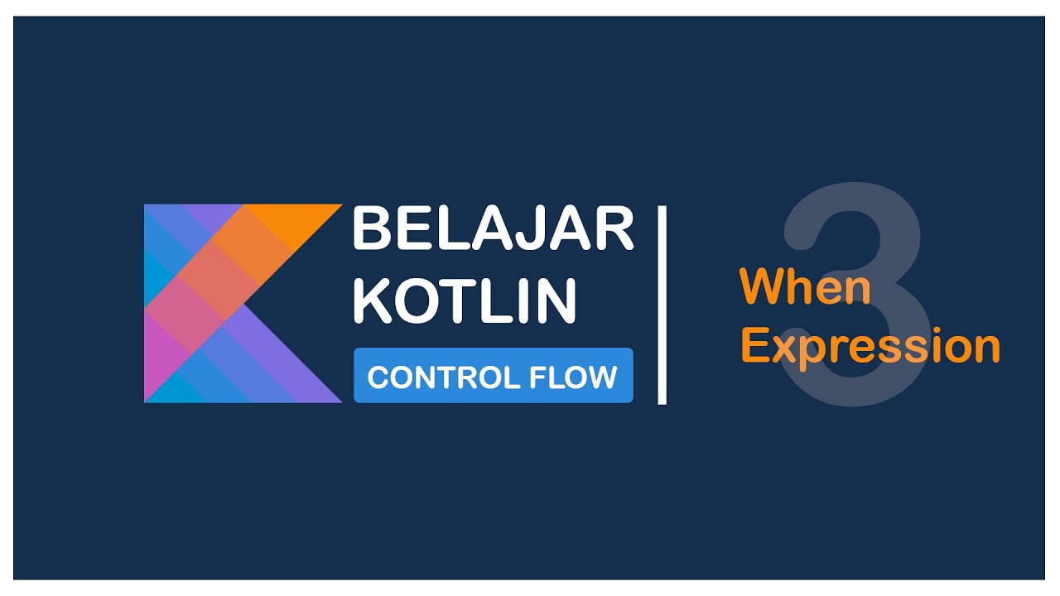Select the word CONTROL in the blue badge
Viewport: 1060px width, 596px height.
click(x=431, y=377)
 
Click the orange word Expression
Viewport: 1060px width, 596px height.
click(x=870, y=346)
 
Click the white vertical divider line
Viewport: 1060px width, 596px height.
click(x=662, y=305)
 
